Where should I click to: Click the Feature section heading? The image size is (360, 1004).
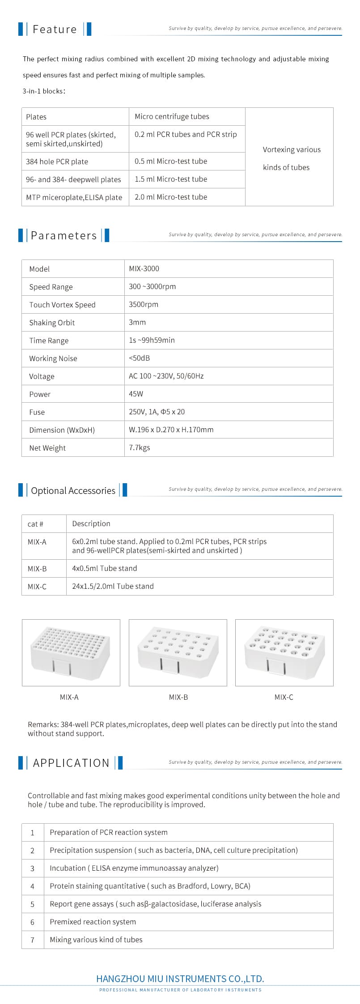(55, 29)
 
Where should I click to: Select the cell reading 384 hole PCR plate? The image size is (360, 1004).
(57, 162)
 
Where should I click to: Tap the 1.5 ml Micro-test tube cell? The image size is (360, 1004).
(171, 179)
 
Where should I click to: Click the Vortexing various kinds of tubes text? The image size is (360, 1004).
(291, 158)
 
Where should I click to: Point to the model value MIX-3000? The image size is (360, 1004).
(144, 268)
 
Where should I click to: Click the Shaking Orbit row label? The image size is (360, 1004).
(52, 323)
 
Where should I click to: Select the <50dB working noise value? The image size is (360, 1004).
(140, 358)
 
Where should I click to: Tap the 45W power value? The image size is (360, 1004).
(136, 394)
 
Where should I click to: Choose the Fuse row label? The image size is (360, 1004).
(37, 412)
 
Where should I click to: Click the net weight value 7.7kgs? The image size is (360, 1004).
(140, 447)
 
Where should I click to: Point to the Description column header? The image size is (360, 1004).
(91, 523)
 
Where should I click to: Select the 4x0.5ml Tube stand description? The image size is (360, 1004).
(105, 568)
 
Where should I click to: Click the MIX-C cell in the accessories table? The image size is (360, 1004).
(37, 587)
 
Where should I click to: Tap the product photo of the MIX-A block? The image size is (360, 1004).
(71, 652)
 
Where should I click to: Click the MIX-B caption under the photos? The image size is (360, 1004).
(178, 697)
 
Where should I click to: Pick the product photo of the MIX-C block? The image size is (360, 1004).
(284, 652)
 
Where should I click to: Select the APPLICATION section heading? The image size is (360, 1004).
(71, 763)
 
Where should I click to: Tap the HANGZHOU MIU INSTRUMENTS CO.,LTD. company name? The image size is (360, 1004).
(180, 978)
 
